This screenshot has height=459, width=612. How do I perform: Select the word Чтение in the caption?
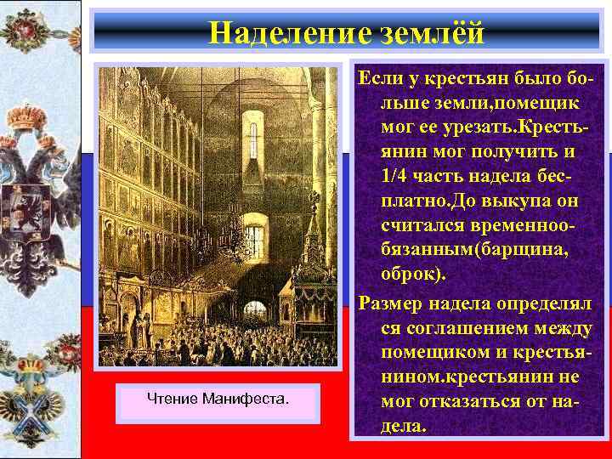pos(173,398)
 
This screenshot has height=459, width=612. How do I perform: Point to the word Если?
pos(381,79)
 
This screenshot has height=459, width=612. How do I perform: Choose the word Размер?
pos(391,303)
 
